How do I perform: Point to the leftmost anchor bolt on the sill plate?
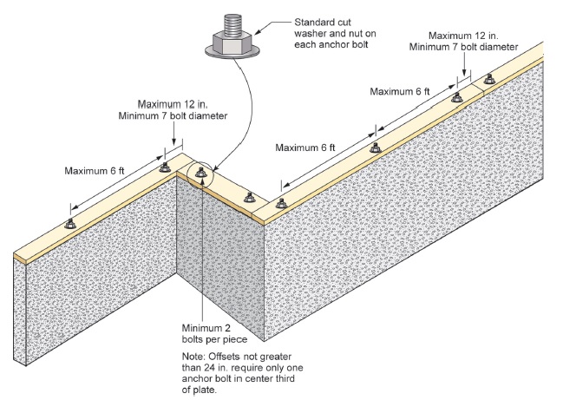click(x=70, y=223)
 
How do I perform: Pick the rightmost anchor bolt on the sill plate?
click(x=490, y=78)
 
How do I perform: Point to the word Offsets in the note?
click(x=231, y=356)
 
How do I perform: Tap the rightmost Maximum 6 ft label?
click(x=400, y=90)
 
